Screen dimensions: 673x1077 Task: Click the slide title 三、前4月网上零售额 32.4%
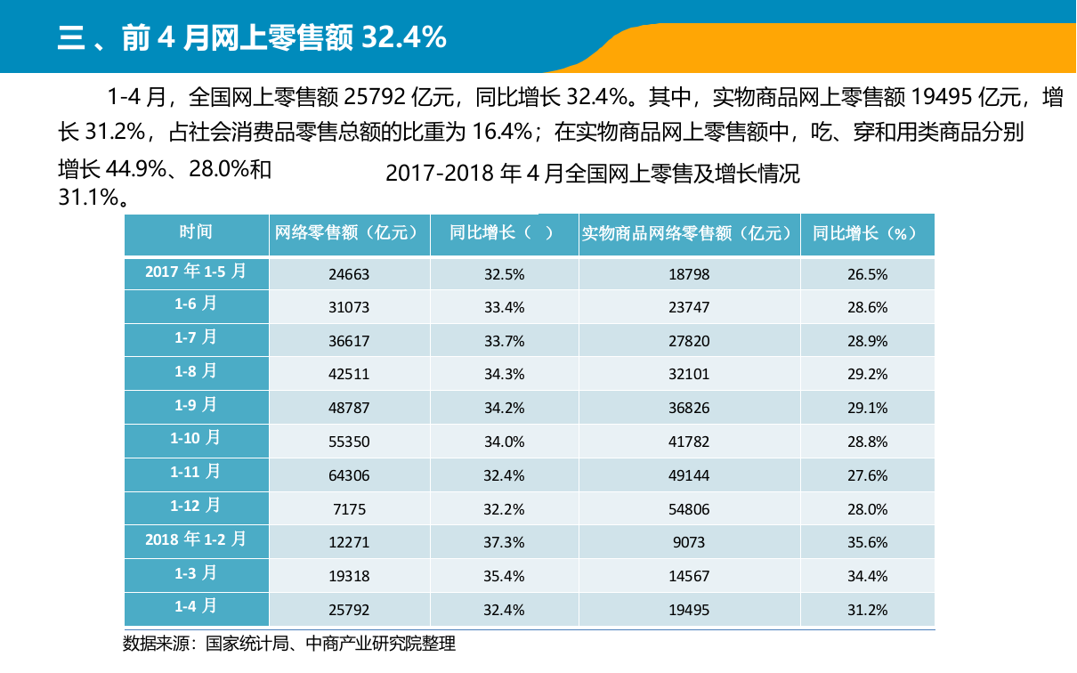(252, 37)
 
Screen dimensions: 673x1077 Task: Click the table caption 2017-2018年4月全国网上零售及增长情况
(592, 174)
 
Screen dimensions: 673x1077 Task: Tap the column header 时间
(196, 232)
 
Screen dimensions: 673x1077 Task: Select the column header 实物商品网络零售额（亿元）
(688, 233)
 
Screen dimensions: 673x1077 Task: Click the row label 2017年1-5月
(196, 271)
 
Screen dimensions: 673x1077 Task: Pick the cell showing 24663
(349, 275)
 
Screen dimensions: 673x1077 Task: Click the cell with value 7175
(349, 509)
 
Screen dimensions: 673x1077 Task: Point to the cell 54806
(689, 509)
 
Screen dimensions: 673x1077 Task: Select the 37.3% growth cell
(504, 542)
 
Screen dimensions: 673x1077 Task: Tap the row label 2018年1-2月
(196, 539)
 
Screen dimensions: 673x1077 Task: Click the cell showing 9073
(689, 542)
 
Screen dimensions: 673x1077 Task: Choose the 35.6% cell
(867, 542)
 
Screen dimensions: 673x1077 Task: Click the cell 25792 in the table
(349, 610)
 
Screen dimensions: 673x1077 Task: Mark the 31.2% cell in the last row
(867, 610)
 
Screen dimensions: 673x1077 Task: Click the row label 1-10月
(196, 438)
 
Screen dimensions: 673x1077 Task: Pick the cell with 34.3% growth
(504, 375)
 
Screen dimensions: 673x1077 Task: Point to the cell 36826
(689, 409)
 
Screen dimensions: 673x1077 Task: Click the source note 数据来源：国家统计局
(288, 644)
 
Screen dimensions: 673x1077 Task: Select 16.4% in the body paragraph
(501, 133)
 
